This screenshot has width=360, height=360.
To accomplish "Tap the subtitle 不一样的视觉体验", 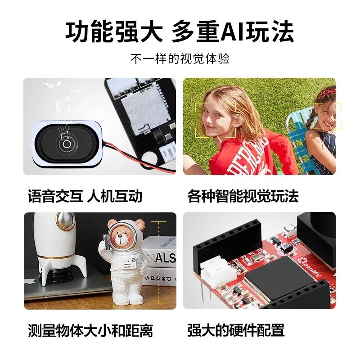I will pos(180,59).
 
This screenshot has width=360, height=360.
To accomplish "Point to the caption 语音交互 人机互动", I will pos(85,196).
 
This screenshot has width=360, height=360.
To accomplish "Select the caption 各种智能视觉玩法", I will pos(243,196).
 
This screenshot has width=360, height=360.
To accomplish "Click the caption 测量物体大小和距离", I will pos(90,331).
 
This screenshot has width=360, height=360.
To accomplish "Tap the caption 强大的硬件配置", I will pos(236,331).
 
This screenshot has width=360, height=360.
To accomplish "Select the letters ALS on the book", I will pos(164,258).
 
